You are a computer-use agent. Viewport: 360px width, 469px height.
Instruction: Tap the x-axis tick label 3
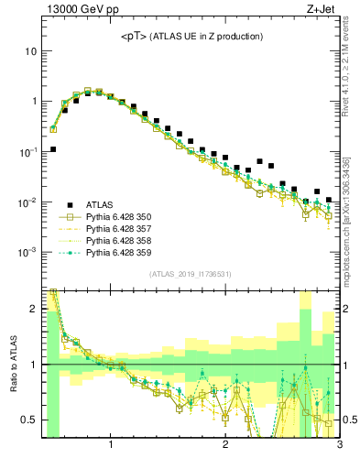[x=340, y=446]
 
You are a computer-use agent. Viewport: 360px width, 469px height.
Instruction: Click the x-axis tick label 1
[x=111, y=446]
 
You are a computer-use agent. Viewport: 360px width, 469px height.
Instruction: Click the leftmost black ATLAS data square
[x=53, y=149]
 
